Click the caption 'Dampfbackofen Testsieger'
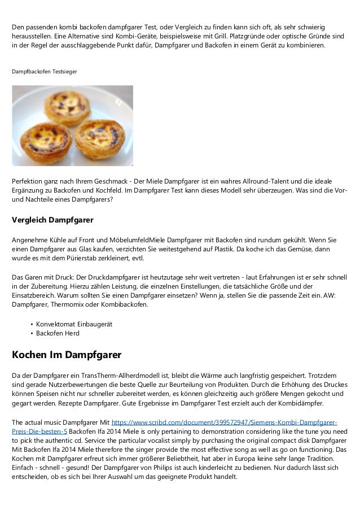tap(45, 72)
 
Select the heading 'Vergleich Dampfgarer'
tap(52, 219)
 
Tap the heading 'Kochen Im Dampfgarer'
tap(67, 355)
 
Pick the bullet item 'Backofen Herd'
tap(58, 333)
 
